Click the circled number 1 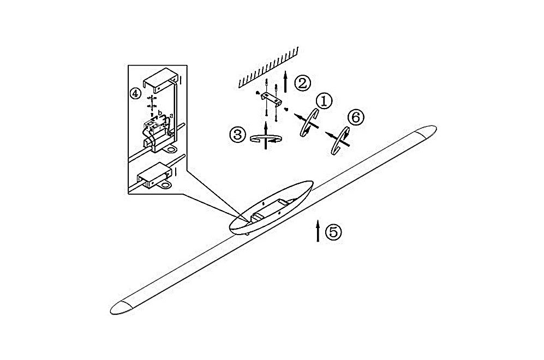pos(324,101)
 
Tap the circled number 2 pos(302,83)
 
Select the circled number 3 pos(238,134)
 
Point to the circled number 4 pos(135,93)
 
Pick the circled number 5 pos(333,232)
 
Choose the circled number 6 pos(356,118)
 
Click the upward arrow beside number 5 pos(318,230)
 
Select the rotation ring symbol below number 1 pos(309,123)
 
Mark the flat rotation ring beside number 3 pos(266,139)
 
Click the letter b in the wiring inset pos(160,113)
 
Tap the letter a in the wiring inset pos(171,115)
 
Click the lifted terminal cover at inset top pos(160,81)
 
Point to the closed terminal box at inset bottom pos(155,176)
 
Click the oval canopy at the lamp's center pos(271,207)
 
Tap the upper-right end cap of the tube pos(426,131)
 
